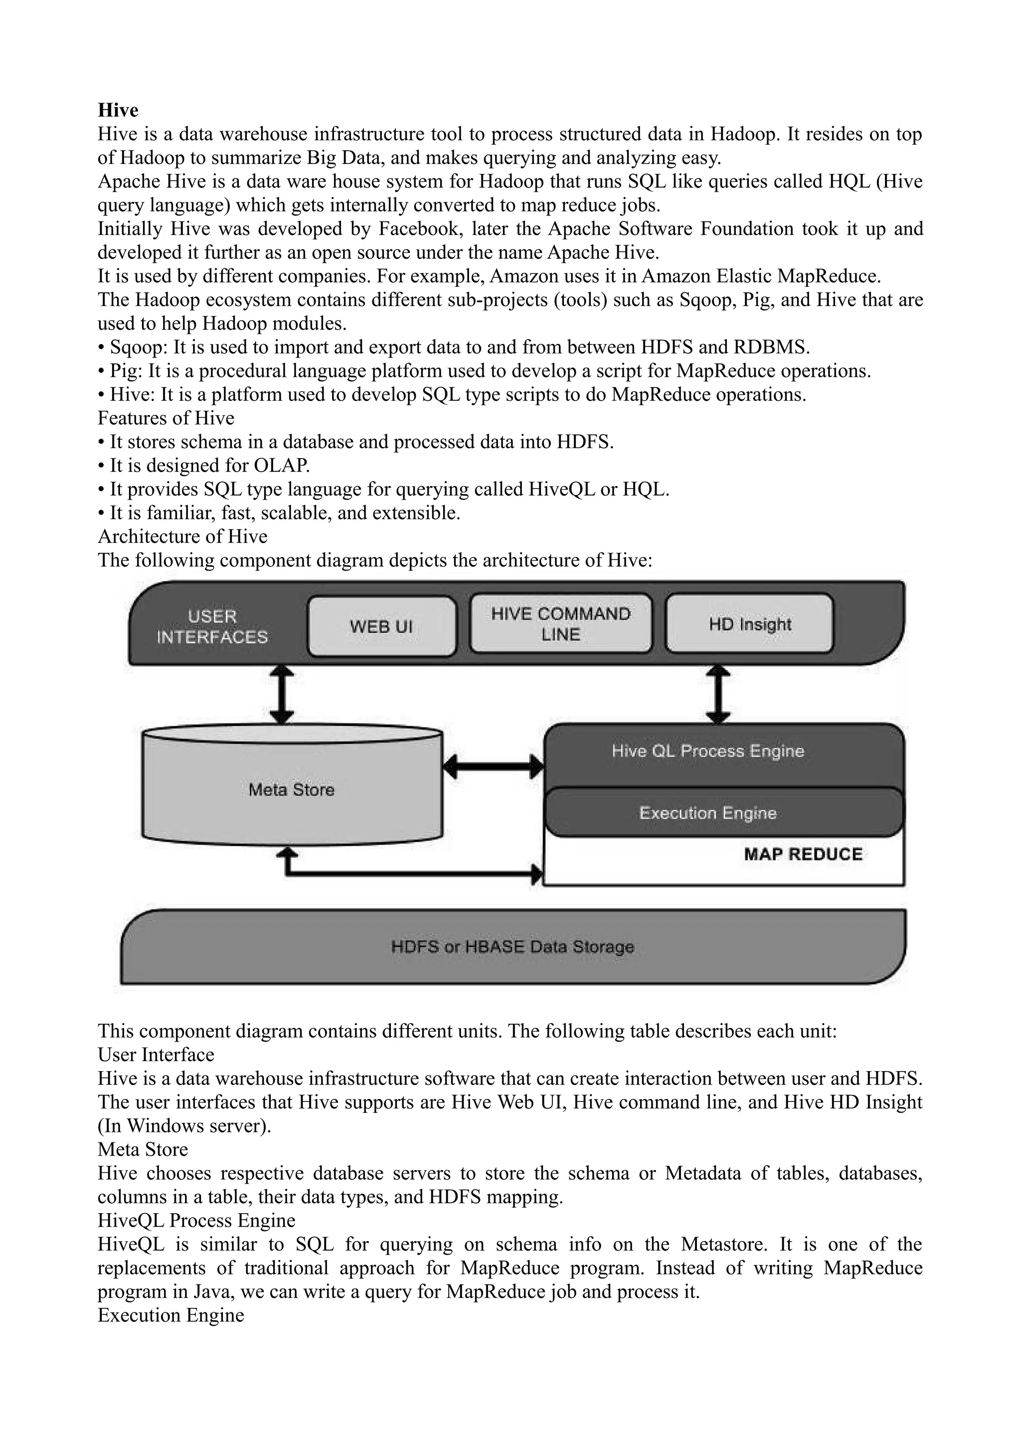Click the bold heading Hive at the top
pos(118,110)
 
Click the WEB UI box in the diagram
pos(381,626)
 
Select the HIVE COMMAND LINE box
pos(560,624)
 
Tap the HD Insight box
pos(749,624)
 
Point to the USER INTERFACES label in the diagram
pos(212,627)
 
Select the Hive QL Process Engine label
pos(708,751)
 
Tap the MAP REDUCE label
pos(803,854)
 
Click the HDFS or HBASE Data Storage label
pos(512,946)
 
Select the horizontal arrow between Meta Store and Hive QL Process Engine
pos(493,766)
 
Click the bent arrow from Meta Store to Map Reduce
pos(409,874)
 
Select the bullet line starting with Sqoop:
pos(453,347)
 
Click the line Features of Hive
pos(166,418)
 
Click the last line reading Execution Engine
pos(170,1315)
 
